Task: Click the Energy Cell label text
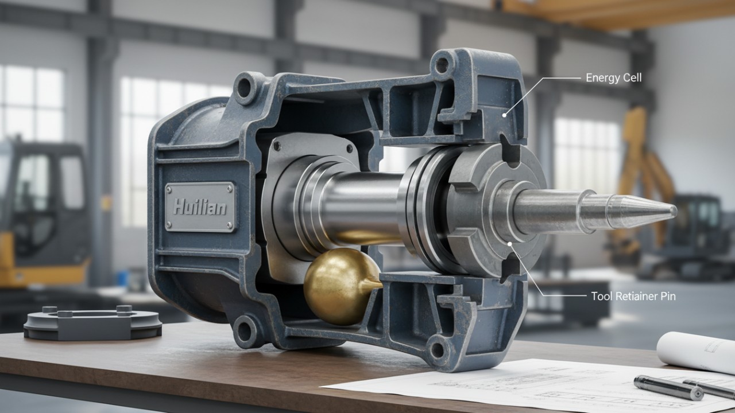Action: coord(613,77)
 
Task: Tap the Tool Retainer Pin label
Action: coord(633,297)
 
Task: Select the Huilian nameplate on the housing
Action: coord(200,206)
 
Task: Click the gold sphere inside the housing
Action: coord(336,285)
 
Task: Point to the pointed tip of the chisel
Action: coord(673,211)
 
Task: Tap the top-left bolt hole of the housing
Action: coord(244,88)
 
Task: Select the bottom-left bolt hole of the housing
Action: coord(246,331)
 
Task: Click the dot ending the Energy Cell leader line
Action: coord(505,115)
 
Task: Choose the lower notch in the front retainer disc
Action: coord(508,270)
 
